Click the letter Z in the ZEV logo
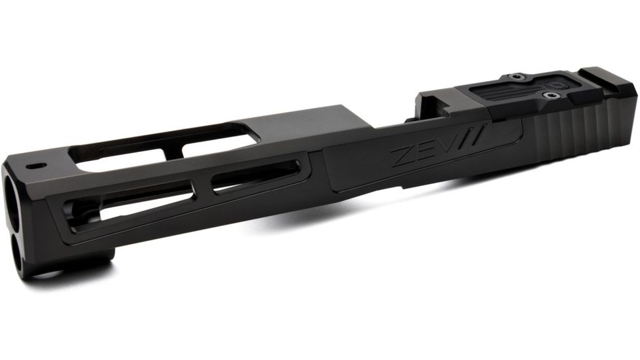(x=400, y=158)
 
